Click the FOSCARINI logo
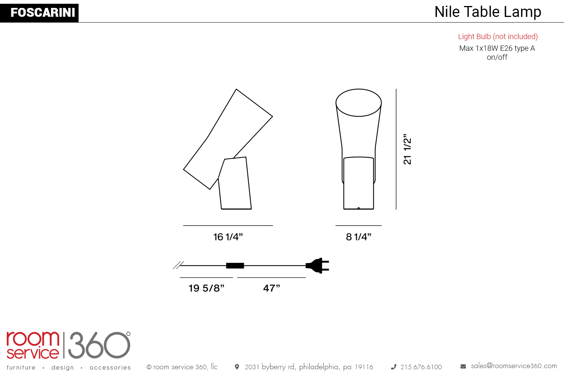[x=39, y=12]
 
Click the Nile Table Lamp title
[x=488, y=12]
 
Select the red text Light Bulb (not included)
[x=498, y=37]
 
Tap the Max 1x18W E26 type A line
[x=497, y=48]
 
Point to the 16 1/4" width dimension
[x=228, y=237]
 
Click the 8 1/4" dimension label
[x=359, y=237]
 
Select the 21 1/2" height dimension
[x=407, y=149]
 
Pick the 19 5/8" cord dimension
[x=206, y=288]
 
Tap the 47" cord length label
[x=271, y=288]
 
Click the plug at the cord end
[x=317, y=265]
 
